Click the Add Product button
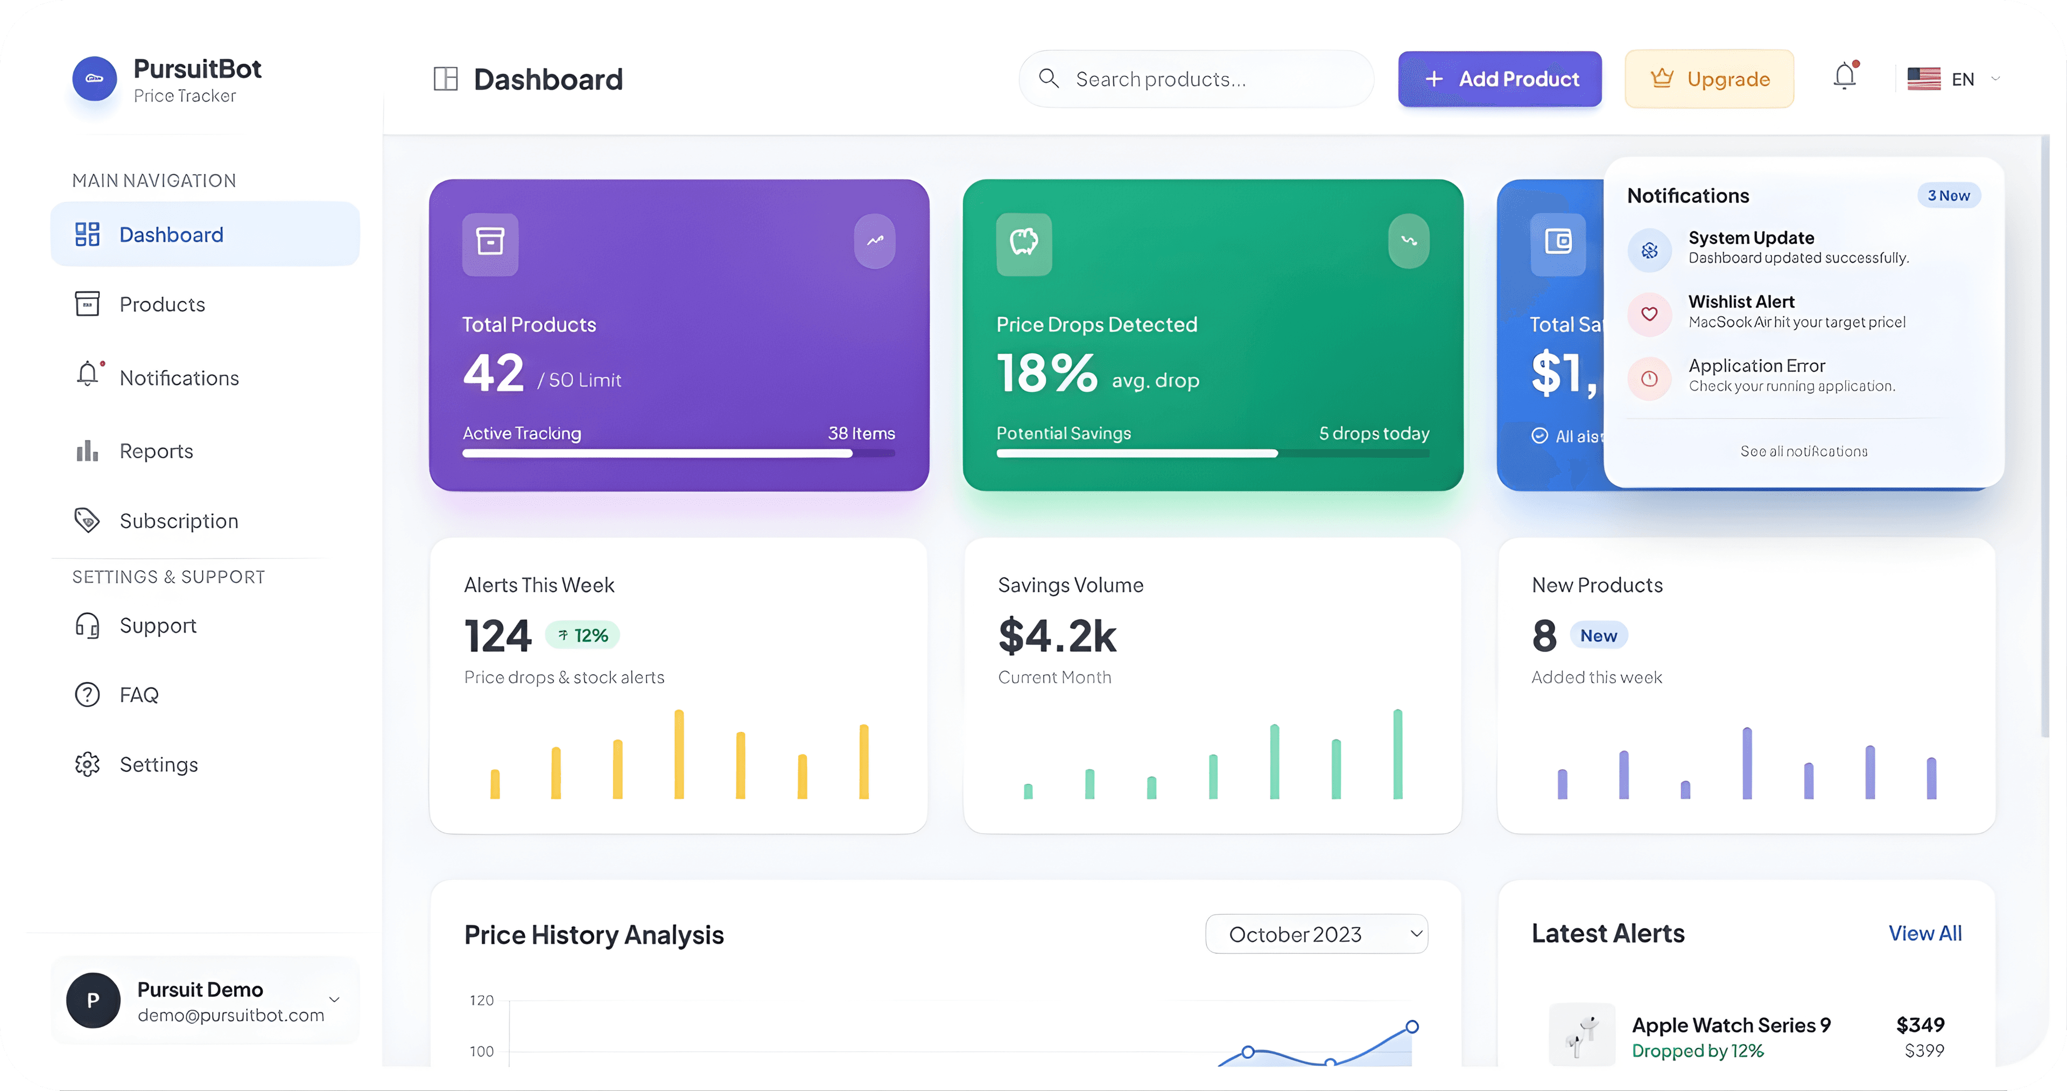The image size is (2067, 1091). tap(1499, 79)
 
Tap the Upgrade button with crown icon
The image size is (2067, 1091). tap(1709, 79)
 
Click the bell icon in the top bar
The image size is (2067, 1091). tap(1845, 76)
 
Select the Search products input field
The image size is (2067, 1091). tap(1196, 79)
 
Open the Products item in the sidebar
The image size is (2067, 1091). tap(161, 305)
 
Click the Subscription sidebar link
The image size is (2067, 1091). tap(178, 521)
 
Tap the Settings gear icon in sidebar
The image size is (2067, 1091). tap(87, 764)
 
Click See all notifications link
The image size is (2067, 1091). tap(1803, 452)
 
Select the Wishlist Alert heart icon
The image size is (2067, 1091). tap(1649, 314)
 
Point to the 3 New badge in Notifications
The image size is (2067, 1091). tap(1948, 196)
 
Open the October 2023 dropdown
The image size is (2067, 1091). tap(1316, 934)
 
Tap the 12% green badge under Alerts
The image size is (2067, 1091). tap(582, 635)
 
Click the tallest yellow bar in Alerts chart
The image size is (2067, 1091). tap(679, 754)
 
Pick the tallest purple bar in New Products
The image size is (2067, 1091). tap(1747, 763)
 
